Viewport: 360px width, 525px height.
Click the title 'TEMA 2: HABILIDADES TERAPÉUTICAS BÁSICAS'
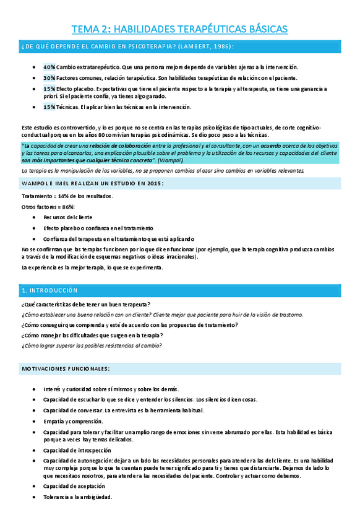(179, 28)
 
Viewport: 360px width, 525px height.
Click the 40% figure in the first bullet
(49, 67)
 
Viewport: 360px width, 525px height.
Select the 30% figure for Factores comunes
(49, 78)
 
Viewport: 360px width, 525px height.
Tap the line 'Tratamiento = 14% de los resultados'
(67, 196)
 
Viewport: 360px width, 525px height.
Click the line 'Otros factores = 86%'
(48, 207)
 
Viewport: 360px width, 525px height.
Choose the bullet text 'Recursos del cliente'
(67, 217)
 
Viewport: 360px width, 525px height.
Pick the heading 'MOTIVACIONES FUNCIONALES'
(66, 369)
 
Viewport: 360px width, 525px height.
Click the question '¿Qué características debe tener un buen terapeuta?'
(85, 304)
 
